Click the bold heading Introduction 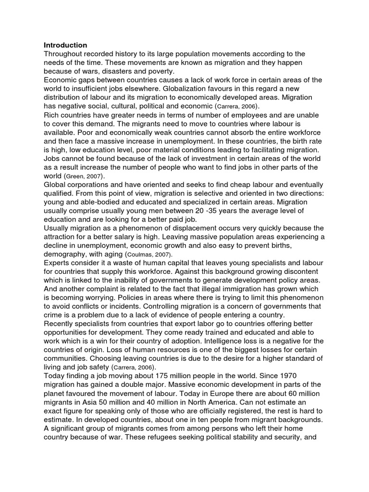[x=65, y=45]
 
